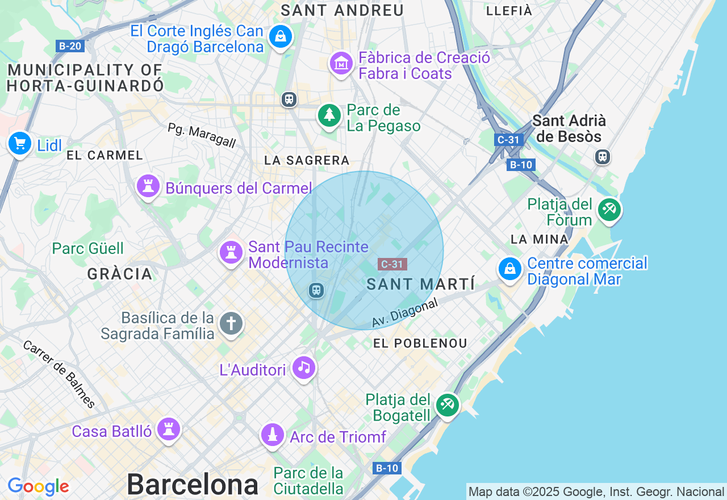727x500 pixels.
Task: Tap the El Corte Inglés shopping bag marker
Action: pyautogui.click(x=280, y=37)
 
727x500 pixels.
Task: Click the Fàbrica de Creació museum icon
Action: pyautogui.click(x=341, y=64)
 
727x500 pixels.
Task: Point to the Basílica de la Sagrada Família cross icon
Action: pyautogui.click(x=231, y=324)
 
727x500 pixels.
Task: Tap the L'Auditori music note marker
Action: pyautogui.click(x=304, y=368)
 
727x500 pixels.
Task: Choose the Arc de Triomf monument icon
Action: pyautogui.click(x=273, y=435)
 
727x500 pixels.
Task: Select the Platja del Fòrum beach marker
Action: pyautogui.click(x=609, y=210)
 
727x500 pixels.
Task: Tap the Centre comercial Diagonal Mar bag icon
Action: pyautogui.click(x=510, y=269)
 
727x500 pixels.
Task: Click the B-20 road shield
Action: pyautogui.click(x=70, y=46)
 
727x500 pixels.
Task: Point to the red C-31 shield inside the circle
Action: pyautogui.click(x=392, y=264)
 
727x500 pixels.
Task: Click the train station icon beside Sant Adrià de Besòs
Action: pyautogui.click(x=602, y=156)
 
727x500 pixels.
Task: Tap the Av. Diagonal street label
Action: pyautogui.click(x=405, y=313)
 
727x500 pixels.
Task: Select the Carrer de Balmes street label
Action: pyautogui.click(x=59, y=374)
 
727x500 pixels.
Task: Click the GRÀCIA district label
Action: pyautogui.click(x=120, y=274)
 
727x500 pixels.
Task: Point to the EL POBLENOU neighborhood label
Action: pyautogui.click(x=420, y=343)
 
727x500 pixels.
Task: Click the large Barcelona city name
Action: pyautogui.click(x=192, y=485)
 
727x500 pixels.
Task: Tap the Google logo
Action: pyautogui.click(x=38, y=486)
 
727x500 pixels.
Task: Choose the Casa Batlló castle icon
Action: pyautogui.click(x=169, y=430)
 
